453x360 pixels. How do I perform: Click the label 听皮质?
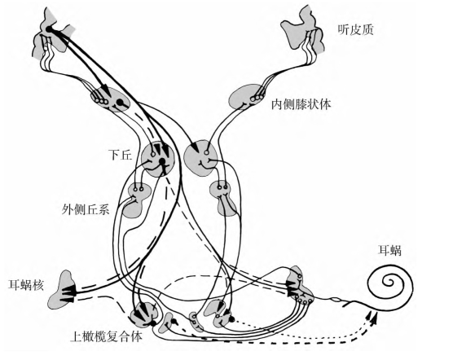tap(356, 30)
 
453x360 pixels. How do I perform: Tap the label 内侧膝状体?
tap(301, 104)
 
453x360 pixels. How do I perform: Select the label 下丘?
tap(121, 155)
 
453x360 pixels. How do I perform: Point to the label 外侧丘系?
tap(86, 209)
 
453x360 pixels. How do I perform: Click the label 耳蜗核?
tap(26, 284)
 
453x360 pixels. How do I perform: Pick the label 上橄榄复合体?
tap(107, 336)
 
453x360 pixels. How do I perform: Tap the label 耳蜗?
tap(389, 250)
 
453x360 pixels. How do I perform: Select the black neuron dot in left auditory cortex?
tap(49, 29)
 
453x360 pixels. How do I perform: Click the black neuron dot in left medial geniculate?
tap(119, 102)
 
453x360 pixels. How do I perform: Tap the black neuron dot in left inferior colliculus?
tap(162, 160)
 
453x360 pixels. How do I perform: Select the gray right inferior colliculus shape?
tap(200, 158)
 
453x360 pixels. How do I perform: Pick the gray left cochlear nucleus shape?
tap(62, 290)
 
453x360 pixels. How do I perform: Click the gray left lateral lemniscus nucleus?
tap(136, 200)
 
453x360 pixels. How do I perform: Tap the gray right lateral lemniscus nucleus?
tap(223, 199)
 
